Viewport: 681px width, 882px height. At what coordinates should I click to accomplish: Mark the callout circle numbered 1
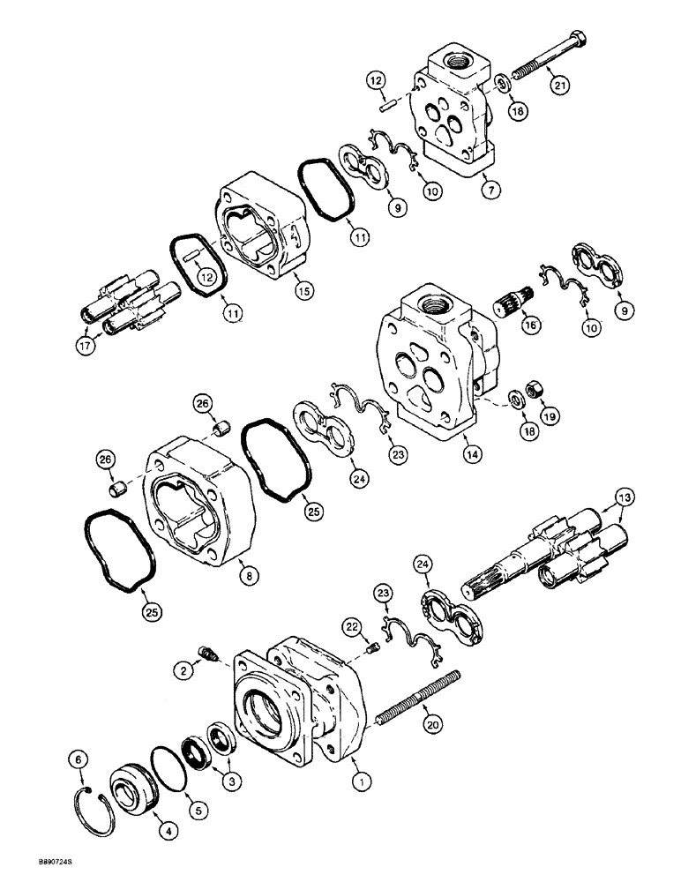(361, 781)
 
